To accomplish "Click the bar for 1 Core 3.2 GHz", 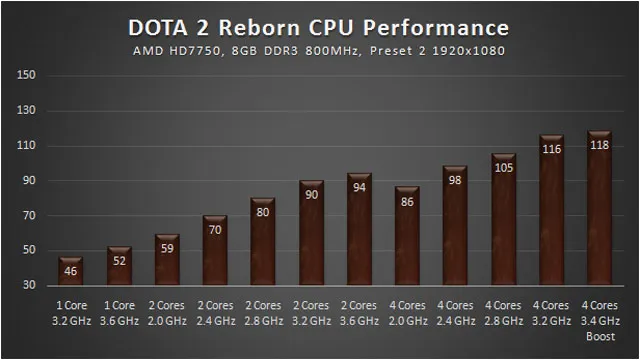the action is (71, 271).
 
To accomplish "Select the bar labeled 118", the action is (599, 208).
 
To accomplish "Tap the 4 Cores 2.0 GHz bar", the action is (407, 236).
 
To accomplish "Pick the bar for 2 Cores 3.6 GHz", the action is (359, 229).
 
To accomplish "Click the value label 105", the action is (504, 168).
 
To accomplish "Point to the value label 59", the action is (167, 248).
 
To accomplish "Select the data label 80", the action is (263, 212).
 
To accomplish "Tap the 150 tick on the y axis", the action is (26, 75).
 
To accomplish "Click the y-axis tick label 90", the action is (29, 180).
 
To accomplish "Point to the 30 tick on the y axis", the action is (29, 285).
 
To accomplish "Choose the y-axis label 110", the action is (26, 145).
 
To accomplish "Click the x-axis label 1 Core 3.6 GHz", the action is (119, 313).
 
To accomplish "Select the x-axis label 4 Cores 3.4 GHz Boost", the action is (600, 321).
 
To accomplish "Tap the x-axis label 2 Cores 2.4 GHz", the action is (216, 313).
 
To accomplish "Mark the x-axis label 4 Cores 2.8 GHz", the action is (503, 313).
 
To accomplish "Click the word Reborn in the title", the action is (259, 28).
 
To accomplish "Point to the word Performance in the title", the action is (436, 28).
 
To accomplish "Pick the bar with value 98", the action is (455, 225).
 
